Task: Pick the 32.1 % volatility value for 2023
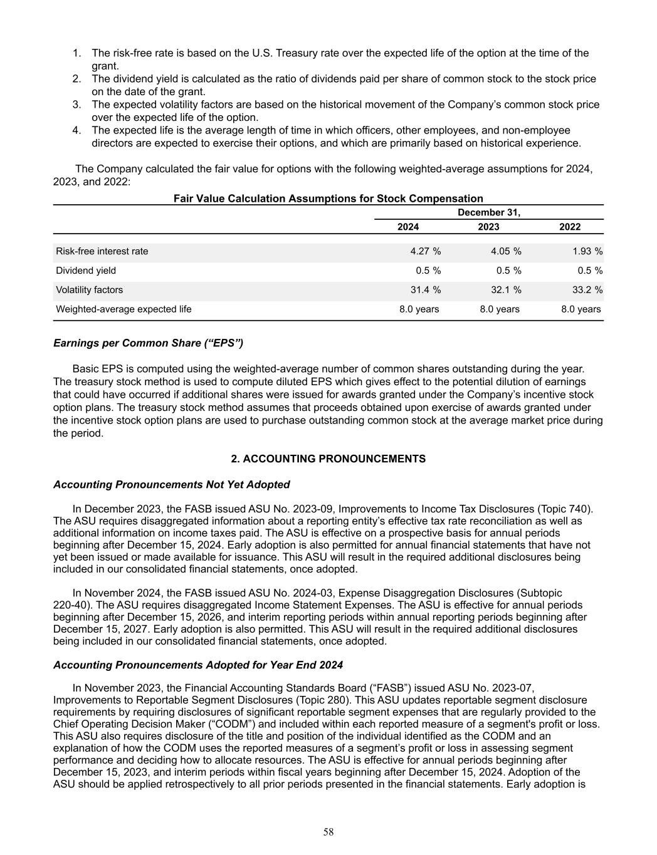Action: coord(506,290)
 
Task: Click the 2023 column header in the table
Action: coord(489,227)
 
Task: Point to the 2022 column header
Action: coord(570,227)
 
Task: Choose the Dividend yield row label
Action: coord(86,271)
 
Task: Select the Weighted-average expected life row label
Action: coord(124,309)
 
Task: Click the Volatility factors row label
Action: coord(90,290)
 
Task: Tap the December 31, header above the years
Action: coord(489,212)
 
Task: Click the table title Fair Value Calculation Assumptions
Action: coord(328,199)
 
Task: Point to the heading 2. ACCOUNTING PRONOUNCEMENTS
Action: coord(328,459)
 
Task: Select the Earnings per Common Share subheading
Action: coord(148,343)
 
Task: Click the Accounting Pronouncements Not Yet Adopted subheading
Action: coord(172,485)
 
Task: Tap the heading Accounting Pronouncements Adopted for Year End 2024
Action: coord(198,665)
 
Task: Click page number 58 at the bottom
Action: coord(328,832)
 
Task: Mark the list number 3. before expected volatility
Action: coord(76,105)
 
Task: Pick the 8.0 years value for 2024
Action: coord(419,309)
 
